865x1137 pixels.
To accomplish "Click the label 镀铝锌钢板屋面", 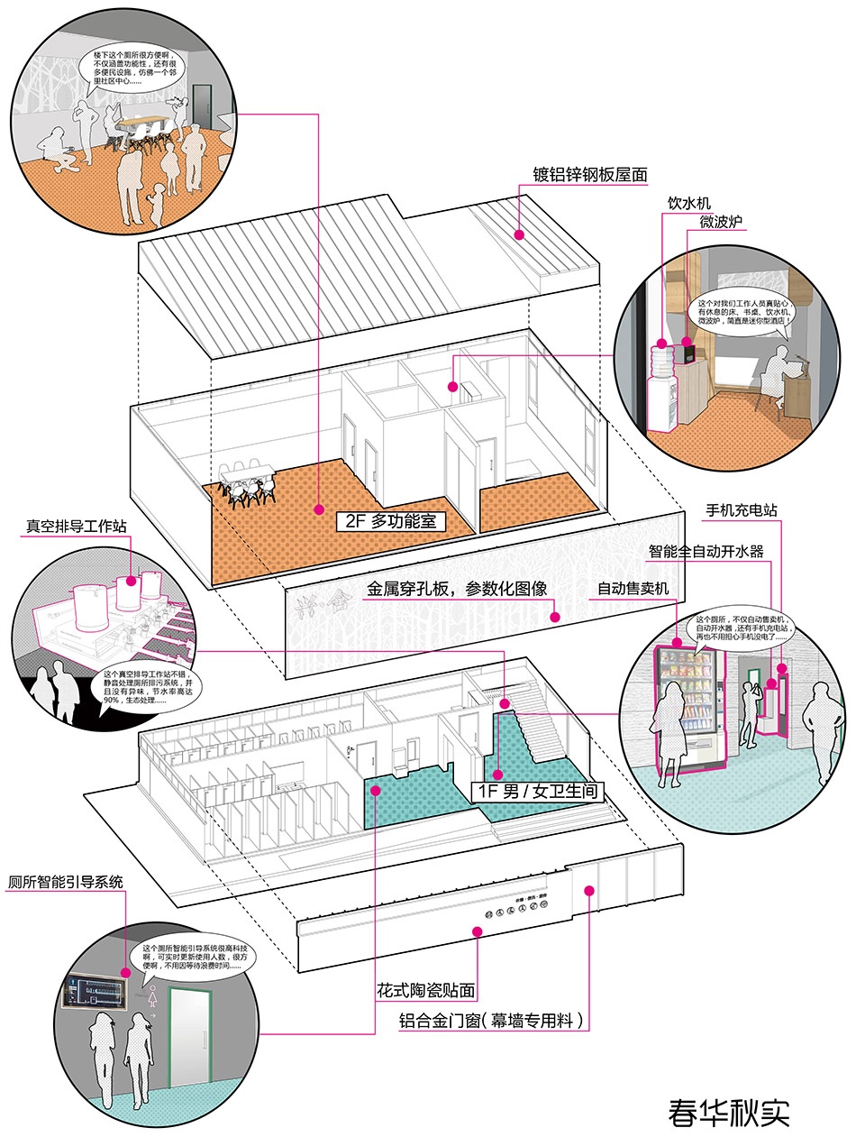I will pyautogui.click(x=590, y=174).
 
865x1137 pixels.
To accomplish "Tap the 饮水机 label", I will pyautogui.click(x=688, y=203).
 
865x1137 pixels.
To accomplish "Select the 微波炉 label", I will pyautogui.click(x=721, y=221).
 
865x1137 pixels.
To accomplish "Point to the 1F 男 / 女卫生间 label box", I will pyautogui.click(x=538, y=792).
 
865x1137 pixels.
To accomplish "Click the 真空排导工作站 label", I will pyautogui.click(x=76, y=526).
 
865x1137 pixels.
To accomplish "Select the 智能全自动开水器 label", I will pyautogui.click(x=706, y=550).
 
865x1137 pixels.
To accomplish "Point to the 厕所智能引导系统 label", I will pyautogui.click(x=65, y=881).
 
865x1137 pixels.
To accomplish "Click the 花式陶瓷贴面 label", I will pyautogui.click(x=426, y=990).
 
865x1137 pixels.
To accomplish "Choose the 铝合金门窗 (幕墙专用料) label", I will pyautogui.click(x=495, y=1022).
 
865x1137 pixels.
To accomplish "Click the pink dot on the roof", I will pyautogui.click(x=519, y=235).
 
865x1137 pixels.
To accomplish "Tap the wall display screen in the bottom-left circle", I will pyautogui.click(x=96, y=993).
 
